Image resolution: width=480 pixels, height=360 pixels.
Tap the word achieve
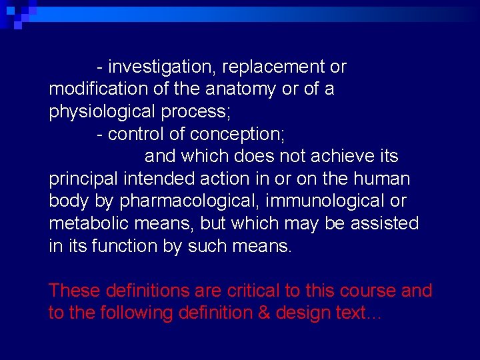(339, 157)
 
